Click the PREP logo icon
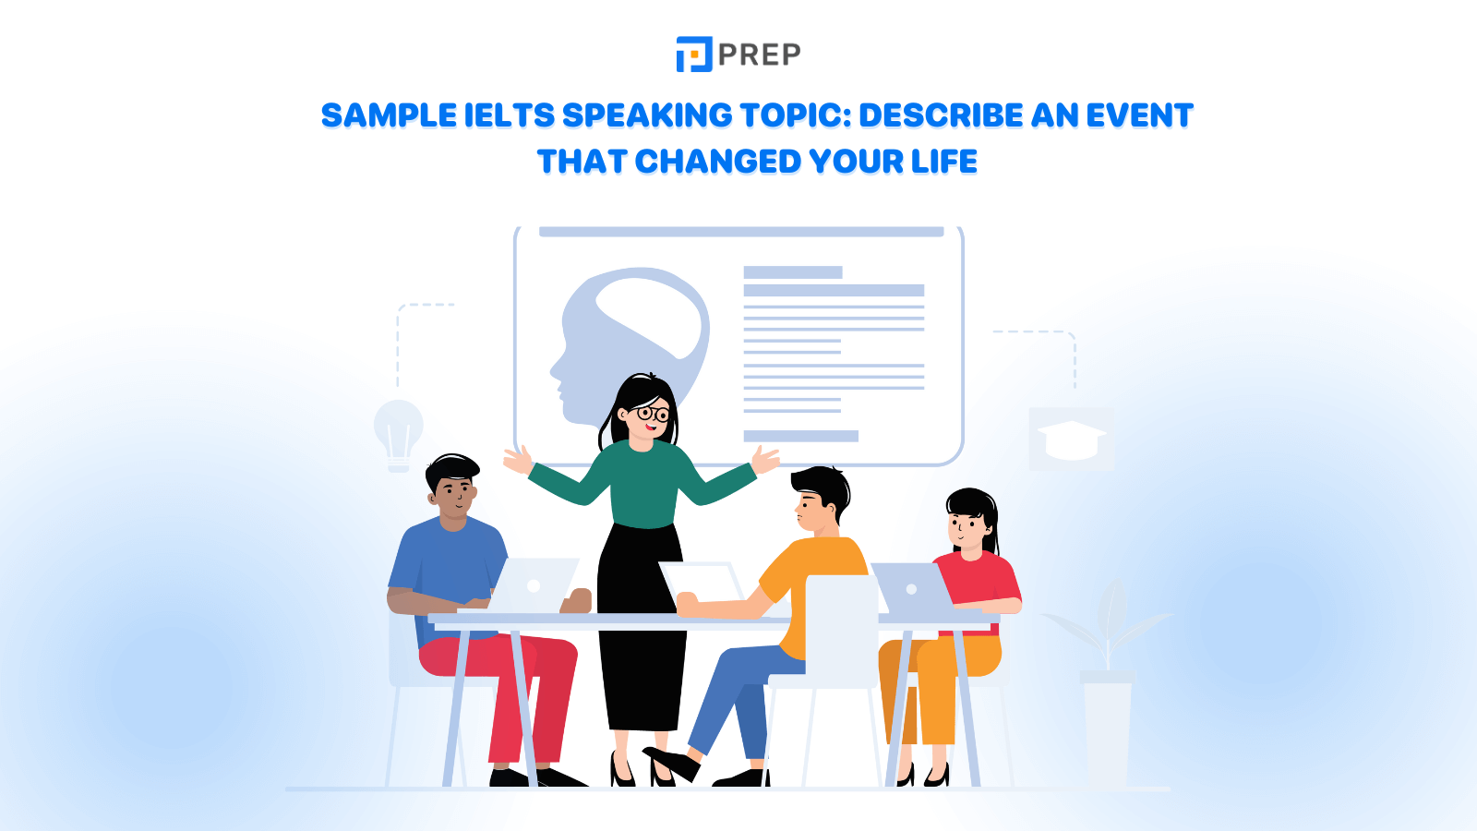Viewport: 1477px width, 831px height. click(x=694, y=54)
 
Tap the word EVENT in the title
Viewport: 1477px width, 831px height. click(x=1139, y=115)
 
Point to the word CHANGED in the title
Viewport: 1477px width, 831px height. click(x=718, y=162)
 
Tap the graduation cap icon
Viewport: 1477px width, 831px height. click(x=1071, y=440)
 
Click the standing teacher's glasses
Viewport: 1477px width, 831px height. click(x=653, y=414)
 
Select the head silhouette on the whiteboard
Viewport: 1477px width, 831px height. click(x=628, y=342)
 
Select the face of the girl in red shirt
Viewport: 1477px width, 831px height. click(x=966, y=528)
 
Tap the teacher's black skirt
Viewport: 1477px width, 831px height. click(x=642, y=628)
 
